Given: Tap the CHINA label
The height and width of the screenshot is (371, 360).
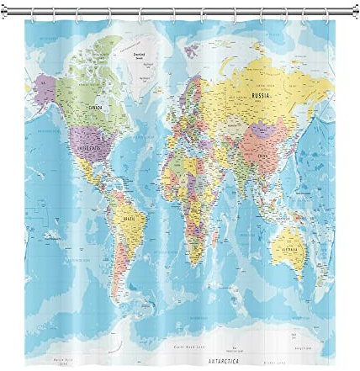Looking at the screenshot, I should [262, 156].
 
